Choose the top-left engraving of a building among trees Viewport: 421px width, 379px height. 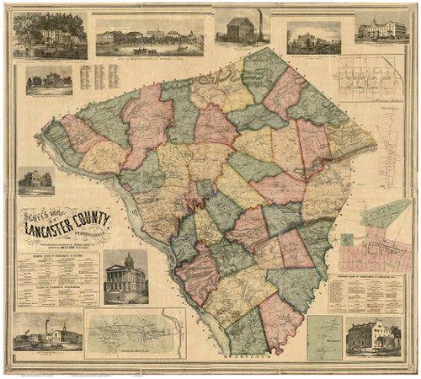pyautogui.click(x=50, y=35)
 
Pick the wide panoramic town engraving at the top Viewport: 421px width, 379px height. pyautogui.click(x=149, y=35)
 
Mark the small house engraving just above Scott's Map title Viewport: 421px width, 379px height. pyautogui.click(x=36, y=181)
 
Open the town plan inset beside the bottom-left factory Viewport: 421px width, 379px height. pyautogui.click(x=135, y=332)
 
